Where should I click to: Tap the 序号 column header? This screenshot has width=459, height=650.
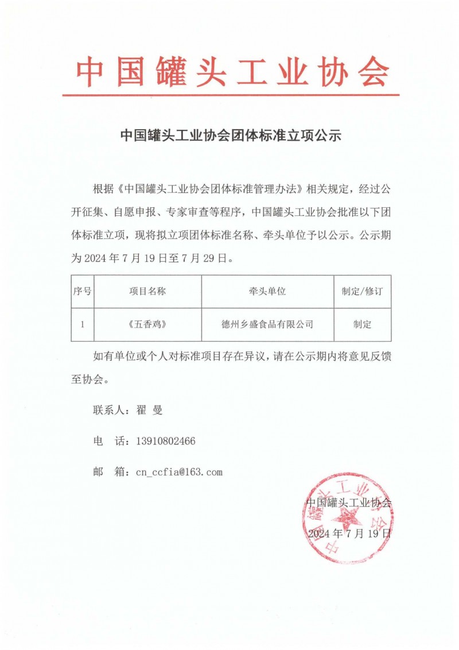[x=82, y=292]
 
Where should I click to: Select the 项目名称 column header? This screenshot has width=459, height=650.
[x=147, y=292]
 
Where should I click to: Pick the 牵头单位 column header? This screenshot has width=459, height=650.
[x=267, y=292]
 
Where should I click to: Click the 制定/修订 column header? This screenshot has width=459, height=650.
[x=362, y=292]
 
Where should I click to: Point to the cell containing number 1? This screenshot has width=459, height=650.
[x=82, y=324]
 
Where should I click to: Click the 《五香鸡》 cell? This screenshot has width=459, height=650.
[x=147, y=324]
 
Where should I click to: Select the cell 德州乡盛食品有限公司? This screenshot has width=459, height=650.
[x=267, y=324]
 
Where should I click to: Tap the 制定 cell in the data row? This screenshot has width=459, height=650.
[x=362, y=324]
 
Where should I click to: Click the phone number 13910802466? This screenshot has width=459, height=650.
[x=166, y=442]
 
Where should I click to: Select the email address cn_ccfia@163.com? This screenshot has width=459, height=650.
[x=178, y=473]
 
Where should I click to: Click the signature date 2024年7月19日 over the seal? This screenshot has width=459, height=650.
[x=349, y=533]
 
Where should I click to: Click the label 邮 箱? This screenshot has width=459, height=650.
[x=109, y=473]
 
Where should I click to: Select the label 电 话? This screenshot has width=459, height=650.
[x=109, y=442]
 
